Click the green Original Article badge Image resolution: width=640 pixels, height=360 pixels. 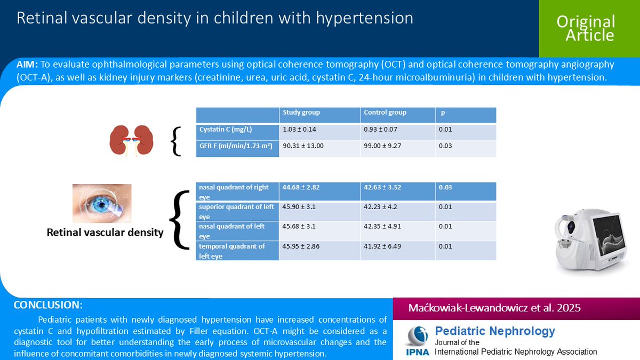(586, 28)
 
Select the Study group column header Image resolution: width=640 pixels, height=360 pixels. (301, 113)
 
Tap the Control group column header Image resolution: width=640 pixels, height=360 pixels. (385, 113)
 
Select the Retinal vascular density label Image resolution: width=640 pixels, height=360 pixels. (105, 233)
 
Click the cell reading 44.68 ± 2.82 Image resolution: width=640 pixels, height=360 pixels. (301, 187)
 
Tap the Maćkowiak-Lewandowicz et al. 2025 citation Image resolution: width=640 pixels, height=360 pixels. (494, 308)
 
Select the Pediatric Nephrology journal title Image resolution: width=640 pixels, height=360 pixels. (495, 331)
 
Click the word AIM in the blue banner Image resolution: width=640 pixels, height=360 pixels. (27, 65)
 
